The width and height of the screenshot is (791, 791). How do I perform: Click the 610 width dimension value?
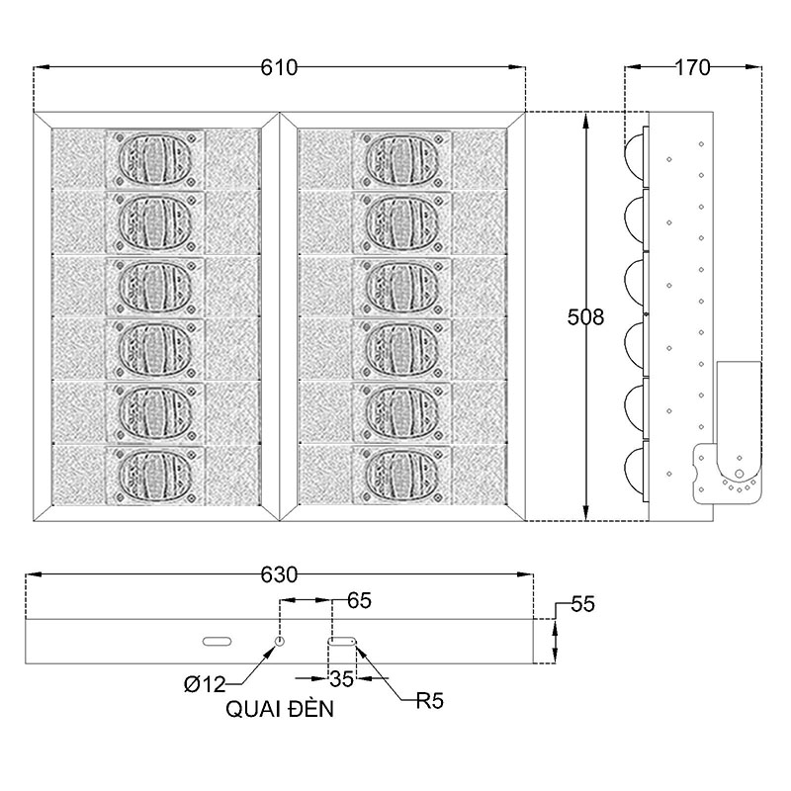point(280,67)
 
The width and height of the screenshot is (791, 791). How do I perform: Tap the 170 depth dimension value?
point(692,67)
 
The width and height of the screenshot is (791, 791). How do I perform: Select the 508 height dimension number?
point(585,317)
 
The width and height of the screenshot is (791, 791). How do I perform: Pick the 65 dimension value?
point(359,600)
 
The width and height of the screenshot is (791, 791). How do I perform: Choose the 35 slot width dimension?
point(342,679)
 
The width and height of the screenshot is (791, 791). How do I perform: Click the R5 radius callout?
point(429,702)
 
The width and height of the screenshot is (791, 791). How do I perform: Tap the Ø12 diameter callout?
point(205,683)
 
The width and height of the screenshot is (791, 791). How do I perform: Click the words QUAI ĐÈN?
point(281,709)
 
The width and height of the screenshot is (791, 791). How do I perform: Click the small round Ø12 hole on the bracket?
point(280,642)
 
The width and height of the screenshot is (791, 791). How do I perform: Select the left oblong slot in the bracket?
point(217,642)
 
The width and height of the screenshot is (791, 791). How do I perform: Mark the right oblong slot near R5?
point(343,642)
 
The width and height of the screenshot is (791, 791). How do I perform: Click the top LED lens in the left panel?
point(154,158)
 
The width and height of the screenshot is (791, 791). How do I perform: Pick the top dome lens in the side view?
point(634,150)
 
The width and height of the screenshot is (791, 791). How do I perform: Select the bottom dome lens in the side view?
point(634,470)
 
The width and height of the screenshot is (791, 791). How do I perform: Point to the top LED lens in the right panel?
point(401,158)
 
